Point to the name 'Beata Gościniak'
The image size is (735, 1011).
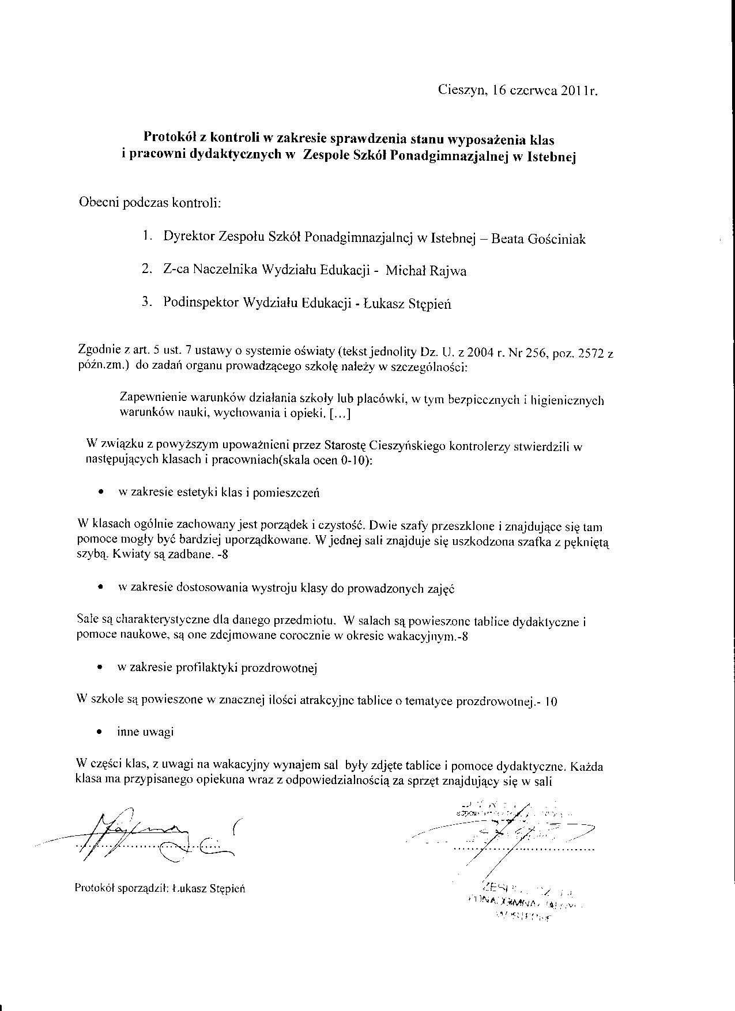(x=538, y=238)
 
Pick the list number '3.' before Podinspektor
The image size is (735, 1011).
(x=146, y=302)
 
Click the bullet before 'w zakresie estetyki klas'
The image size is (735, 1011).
(x=101, y=493)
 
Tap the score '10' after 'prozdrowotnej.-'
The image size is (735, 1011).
(x=551, y=702)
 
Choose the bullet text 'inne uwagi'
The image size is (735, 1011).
(x=145, y=732)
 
